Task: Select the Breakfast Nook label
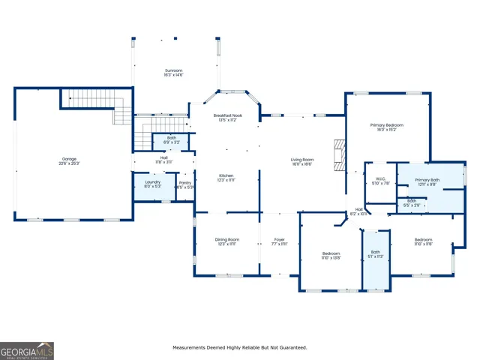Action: (x=227, y=118)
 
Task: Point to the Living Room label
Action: (x=302, y=161)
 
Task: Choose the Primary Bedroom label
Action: (x=386, y=127)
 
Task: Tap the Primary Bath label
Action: (x=427, y=182)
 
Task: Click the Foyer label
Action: (x=278, y=241)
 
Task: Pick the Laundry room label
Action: (x=152, y=184)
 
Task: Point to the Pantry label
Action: (x=184, y=184)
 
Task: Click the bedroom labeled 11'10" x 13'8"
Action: (x=331, y=256)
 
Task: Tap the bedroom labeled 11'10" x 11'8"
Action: (x=423, y=241)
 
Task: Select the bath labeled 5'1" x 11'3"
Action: (x=376, y=254)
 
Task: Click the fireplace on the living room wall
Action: (x=341, y=156)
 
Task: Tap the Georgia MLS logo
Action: (x=27, y=351)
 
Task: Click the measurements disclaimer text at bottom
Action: (x=240, y=347)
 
